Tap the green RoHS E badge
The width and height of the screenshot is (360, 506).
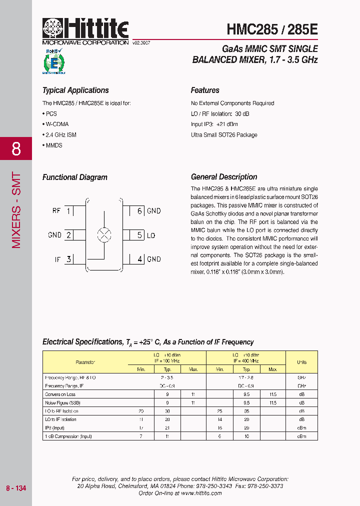(x=53, y=62)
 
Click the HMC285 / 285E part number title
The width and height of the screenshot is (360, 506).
(x=271, y=29)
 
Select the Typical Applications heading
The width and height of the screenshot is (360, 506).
(x=75, y=90)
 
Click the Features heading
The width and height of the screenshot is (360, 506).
(x=205, y=90)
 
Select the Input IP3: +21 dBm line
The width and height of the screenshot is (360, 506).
(x=214, y=124)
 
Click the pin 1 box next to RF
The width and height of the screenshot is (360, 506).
(x=68, y=211)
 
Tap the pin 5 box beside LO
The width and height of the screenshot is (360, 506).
(x=140, y=235)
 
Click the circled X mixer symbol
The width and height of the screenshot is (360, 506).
(x=104, y=235)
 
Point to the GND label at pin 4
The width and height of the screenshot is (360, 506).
(x=154, y=259)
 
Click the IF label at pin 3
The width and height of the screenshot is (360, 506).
(x=57, y=259)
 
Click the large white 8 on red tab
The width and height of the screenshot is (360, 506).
(x=16, y=149)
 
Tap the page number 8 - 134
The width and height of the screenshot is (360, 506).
(x=16, y=488)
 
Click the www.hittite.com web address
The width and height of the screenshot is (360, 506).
(x=201, y=493)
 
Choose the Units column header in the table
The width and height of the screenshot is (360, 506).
(x=301, y=362)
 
